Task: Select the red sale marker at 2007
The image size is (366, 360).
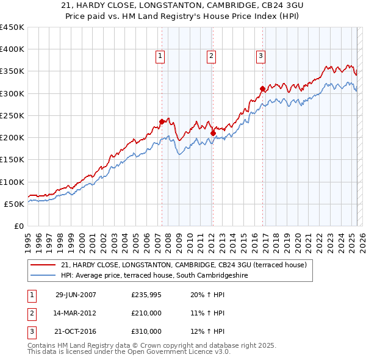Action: click(x=162, y=121)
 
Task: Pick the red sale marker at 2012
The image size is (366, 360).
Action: click(x=213, y=133)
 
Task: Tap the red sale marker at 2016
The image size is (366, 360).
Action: click(x=262, y=88)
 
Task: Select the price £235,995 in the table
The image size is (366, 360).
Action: click(x=146, y=294)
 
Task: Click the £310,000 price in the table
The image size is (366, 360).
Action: click(x=146, y=331)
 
